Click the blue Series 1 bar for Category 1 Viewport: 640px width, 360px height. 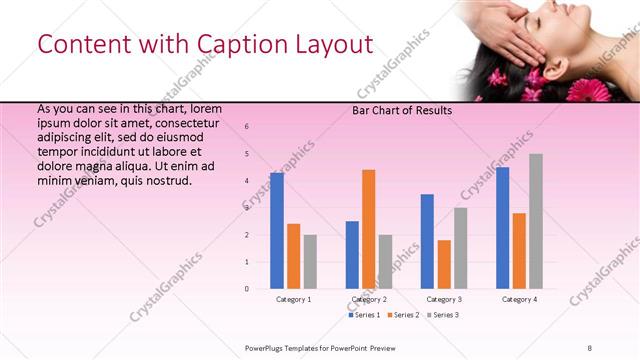point(277,231)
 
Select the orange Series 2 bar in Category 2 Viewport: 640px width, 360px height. point(369,229)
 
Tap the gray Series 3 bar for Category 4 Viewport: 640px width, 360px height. point(536,221)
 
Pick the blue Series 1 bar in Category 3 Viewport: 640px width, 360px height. point(427,241)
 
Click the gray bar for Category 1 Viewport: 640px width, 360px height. point(310,262)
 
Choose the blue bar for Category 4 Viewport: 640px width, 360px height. point(502,228)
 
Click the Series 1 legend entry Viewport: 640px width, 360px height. point(364,315)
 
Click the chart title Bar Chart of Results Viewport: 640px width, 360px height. point(402,111)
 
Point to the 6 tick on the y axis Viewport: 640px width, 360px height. point(247,127)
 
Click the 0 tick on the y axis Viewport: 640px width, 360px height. point(247,289)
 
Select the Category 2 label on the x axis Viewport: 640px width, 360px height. point(369,299)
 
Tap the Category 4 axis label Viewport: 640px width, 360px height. point(519,299)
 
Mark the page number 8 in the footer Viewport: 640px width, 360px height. point(590,347)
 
